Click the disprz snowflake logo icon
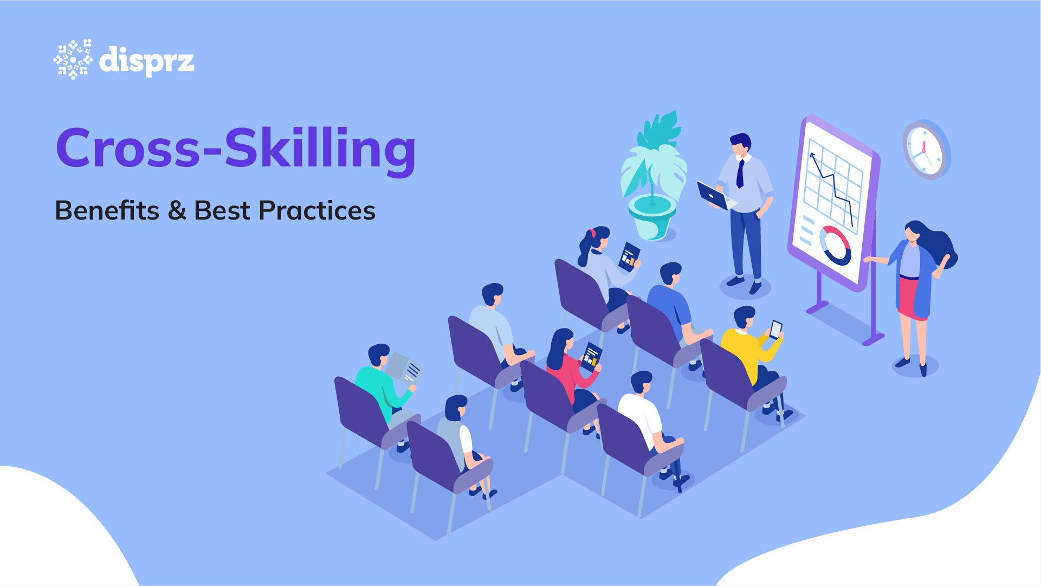(73, 59)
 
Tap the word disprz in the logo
(147, 61)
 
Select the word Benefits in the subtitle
(107, 210)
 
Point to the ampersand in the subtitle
(177, 211)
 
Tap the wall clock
(926, 150)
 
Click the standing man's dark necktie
(740, 174)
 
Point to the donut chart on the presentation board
(835, 246)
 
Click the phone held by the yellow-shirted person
(776, 329)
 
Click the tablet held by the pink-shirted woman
(591, 357)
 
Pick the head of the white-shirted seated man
(642, 383)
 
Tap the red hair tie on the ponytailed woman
(593, 233)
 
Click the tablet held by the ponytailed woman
(629, 256)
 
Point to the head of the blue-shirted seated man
(671, 274)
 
